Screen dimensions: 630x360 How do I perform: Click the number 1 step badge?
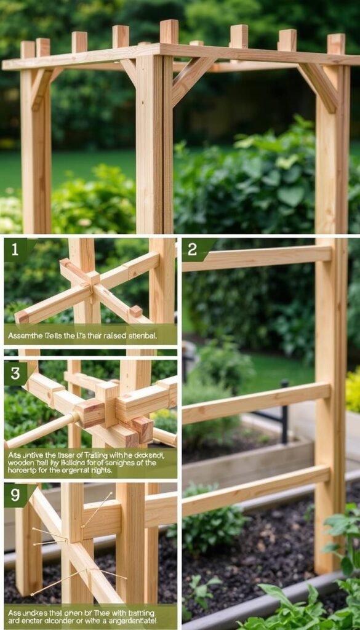(15, 249)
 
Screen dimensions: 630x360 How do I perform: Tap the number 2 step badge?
(193, 249)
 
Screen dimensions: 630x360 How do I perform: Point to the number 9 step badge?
(15, 495)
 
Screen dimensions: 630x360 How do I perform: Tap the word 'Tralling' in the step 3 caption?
(99, 454)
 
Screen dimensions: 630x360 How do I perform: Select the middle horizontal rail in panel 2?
(256, 402)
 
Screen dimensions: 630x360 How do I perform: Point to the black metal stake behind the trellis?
(284, 406)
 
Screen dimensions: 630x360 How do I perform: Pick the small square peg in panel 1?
(135, 311)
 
